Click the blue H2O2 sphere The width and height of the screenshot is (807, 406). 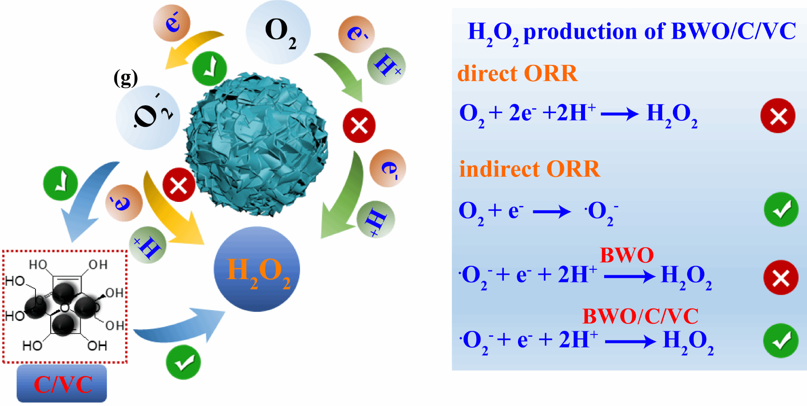pyautogui.click(x=257, y=269)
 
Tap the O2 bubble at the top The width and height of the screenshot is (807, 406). pyautogui.click(x=278, y=32)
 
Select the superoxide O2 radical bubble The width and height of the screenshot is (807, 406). pyautogui.click(x=148, y=117)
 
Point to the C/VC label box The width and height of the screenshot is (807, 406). pyautogui.click(x=62, y=383)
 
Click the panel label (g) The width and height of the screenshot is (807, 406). pyautogui.click(x=126, y=79)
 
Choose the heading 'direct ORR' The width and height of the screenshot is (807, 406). pyautogui.click(x=517, y=73)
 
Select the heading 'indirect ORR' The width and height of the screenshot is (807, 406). pyautogui.click(x=529, y=169)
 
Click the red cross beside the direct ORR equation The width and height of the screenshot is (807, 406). pyautogui.click(x=778, y=116)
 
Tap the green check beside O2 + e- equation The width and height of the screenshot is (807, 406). pyautogui.click(x=781, y=209)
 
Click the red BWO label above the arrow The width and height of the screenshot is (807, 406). pyautogui.click(x=626, y=255)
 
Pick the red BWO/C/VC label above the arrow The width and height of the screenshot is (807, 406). pyautogui.click(x=640, y=316)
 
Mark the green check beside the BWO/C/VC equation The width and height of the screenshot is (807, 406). pyautogui.click(x=780, y=341)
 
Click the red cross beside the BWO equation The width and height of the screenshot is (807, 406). pyautogui.click(x=780, y=278)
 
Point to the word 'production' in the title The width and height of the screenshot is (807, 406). pyautogui.click(x=579, y=32)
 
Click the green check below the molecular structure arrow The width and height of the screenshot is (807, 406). pyautogui.click(x=183, y=362)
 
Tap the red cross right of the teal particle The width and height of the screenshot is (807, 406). pyautogui.click(x=359, y=126)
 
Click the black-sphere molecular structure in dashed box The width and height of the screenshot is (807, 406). pyautogui.click(x=65, y=306)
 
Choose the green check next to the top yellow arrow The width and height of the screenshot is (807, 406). pyautogui.click(x=210, y=69)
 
